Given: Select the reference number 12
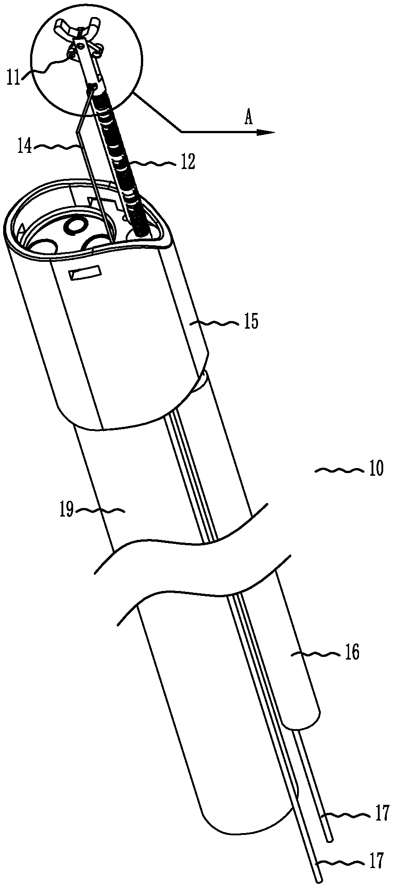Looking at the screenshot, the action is pos(188,163).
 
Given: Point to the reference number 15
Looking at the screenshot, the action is pos(251,322).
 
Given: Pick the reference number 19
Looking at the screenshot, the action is pos(67,510).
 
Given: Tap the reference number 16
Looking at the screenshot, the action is pos(353,653).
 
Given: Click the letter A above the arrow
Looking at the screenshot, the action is pos(248,118).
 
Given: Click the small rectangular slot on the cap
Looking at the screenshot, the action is pos(85,273).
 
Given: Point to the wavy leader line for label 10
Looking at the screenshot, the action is pos(339,470).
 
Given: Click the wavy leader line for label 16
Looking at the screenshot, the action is pos(317,655).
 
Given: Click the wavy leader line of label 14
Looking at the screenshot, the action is pos(57,147).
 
